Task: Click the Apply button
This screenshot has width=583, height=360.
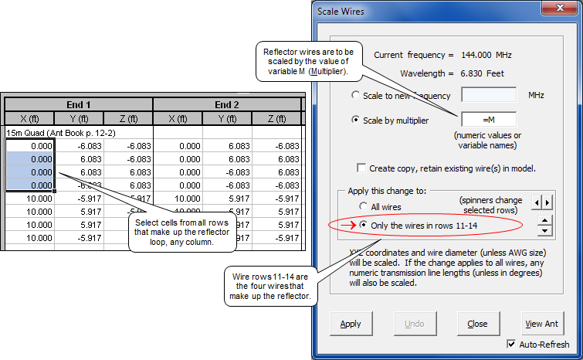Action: click(x=351, y=324)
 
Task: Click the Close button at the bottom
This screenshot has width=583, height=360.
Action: click(x=478, y=324)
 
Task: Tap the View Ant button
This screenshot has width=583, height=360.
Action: click(x=542, y=324)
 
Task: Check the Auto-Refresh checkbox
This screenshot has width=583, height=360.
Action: click(x=512, y=344)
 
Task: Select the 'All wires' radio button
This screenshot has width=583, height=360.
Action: click(x=363, y=206)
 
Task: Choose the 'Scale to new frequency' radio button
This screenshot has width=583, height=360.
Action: click(x=355, y=95)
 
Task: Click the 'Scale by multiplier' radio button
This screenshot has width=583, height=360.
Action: click(x=355, y=120)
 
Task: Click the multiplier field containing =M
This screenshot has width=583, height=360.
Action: click(x=489, y=120)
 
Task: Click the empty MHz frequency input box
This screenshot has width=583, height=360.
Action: click(x=489, y=95)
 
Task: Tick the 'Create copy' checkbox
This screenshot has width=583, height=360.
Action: click(x=361, y=168)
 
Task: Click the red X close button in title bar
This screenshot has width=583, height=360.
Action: click(x=560, y=8)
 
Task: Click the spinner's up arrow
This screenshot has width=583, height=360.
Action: click(x=544, y=220)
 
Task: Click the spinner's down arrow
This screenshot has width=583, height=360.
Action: click(x=544, y=231)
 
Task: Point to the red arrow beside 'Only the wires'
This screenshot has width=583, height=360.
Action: click(x=348, y=225)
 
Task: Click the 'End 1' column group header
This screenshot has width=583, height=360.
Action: click(x=79, y=104)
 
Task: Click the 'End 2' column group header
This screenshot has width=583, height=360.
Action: click(x=227, y=104)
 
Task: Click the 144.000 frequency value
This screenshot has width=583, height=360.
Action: click(x=476, y=55)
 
